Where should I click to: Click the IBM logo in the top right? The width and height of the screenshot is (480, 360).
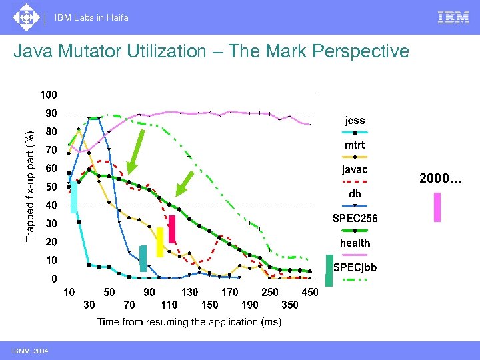pyautogui.click(x=453, y=17)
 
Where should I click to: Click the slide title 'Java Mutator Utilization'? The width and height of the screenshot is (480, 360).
pyautogui.click(x=211, y=51)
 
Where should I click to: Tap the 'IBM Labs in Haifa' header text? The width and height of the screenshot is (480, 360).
pyautogui.click(x=92, y=17)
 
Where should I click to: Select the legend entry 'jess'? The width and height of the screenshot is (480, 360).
pyautogui.click(x=355, y=121)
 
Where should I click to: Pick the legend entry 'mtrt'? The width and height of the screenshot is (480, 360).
pyautogui.click(x=355, y=145)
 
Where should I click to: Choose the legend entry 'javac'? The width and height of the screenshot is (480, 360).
pyautogui.click(x=355, y=170)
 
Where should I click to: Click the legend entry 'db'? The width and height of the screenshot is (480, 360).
pyautogui.click(x=355, y=194)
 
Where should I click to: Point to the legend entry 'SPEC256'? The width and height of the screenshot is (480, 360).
pyautogui.click(x=355, y=218)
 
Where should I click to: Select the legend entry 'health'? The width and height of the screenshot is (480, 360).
pyautogui.click(x=355, y=243)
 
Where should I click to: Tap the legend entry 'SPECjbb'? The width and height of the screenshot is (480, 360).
pyautogui.click(x=355, y=267)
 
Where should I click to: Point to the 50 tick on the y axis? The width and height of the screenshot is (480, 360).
pyautogui.click(x=51, y=187)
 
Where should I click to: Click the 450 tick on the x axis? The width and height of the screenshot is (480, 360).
pyautogui.click(x=309, y=292)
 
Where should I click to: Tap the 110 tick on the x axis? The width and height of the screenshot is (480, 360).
pyautogui.click(x=169, y=305)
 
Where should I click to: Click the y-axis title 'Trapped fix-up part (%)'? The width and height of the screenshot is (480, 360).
pyautogui.click(x=29, y=177)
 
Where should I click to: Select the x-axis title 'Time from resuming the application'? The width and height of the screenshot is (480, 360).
pyautogui.click(x=189, y=322)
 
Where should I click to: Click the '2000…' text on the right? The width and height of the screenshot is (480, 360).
pyautogui.click(x=440, y=178)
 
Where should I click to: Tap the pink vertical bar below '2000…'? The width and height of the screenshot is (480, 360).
pyautogui.click(x=437, y=207)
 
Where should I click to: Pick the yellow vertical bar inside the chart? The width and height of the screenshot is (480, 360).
pyautogui.click(x=159, y=242)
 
